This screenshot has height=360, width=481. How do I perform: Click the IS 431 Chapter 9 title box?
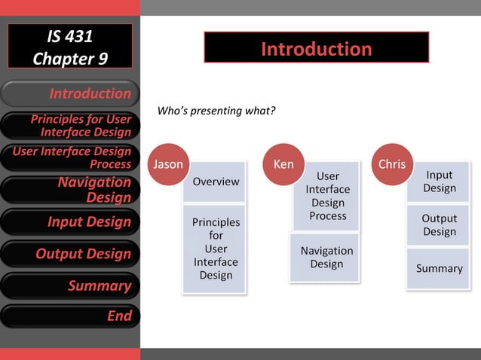(x=70, y=47)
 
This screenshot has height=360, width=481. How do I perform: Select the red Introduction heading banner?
(x=316, y=48)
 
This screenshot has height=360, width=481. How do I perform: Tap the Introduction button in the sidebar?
(x=70, y=94)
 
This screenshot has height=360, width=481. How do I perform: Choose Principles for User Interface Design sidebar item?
(x=70, y=126)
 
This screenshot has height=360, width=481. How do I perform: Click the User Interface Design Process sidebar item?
(x=70, y=157)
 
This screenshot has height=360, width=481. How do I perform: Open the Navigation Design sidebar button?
(x=70, y=190)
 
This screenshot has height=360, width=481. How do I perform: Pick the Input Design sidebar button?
(x=70, y=222)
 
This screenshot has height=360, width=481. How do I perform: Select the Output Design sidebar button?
(x=70, y=254)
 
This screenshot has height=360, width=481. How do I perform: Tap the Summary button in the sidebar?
(x=70, y=285)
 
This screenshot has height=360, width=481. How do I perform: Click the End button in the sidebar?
(x=70, y=316)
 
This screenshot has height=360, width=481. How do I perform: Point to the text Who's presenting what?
(x=216, y=111)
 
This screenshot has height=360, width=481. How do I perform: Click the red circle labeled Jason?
(x=167, y=163)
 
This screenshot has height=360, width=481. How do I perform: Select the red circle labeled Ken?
(x=283, y=163)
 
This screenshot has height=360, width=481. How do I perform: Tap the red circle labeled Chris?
(x=392, y=163)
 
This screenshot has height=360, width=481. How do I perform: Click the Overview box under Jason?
(x=216, y=182)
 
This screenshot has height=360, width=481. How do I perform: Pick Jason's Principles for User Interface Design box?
(x=216, y=249)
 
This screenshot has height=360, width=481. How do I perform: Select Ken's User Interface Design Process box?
(x=328, y=197)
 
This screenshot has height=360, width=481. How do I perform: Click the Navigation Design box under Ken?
(x=326, y=258)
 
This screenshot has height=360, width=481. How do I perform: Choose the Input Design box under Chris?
(x=439, y=182)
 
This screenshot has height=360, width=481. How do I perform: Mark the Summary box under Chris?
(x=439, y=269)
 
